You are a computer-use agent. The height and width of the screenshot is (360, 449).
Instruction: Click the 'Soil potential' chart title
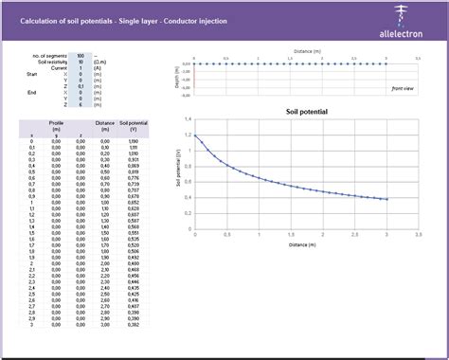[x=306, y=112]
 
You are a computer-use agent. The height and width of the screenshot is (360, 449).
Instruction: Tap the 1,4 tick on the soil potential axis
[x=188, y=120]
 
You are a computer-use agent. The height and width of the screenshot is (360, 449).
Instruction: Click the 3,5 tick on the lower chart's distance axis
[x=419, y=233]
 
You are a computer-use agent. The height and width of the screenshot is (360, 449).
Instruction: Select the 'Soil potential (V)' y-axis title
[x=178, y=174]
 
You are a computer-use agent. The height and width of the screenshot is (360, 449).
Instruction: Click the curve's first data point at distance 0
[x=194, y=135]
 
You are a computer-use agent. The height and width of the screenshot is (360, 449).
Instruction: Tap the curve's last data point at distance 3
[x=386, y=199]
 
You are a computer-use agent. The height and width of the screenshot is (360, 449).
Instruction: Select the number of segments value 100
[x=80, y=56]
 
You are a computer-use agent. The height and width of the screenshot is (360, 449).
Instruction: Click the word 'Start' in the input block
[x=32, y=73]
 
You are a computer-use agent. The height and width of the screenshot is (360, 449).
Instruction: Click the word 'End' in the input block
[x=32, y=92]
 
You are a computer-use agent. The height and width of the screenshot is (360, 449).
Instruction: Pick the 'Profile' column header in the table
[x=56, y=122]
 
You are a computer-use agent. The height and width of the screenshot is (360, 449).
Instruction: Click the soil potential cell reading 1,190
[x=134, y=141]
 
